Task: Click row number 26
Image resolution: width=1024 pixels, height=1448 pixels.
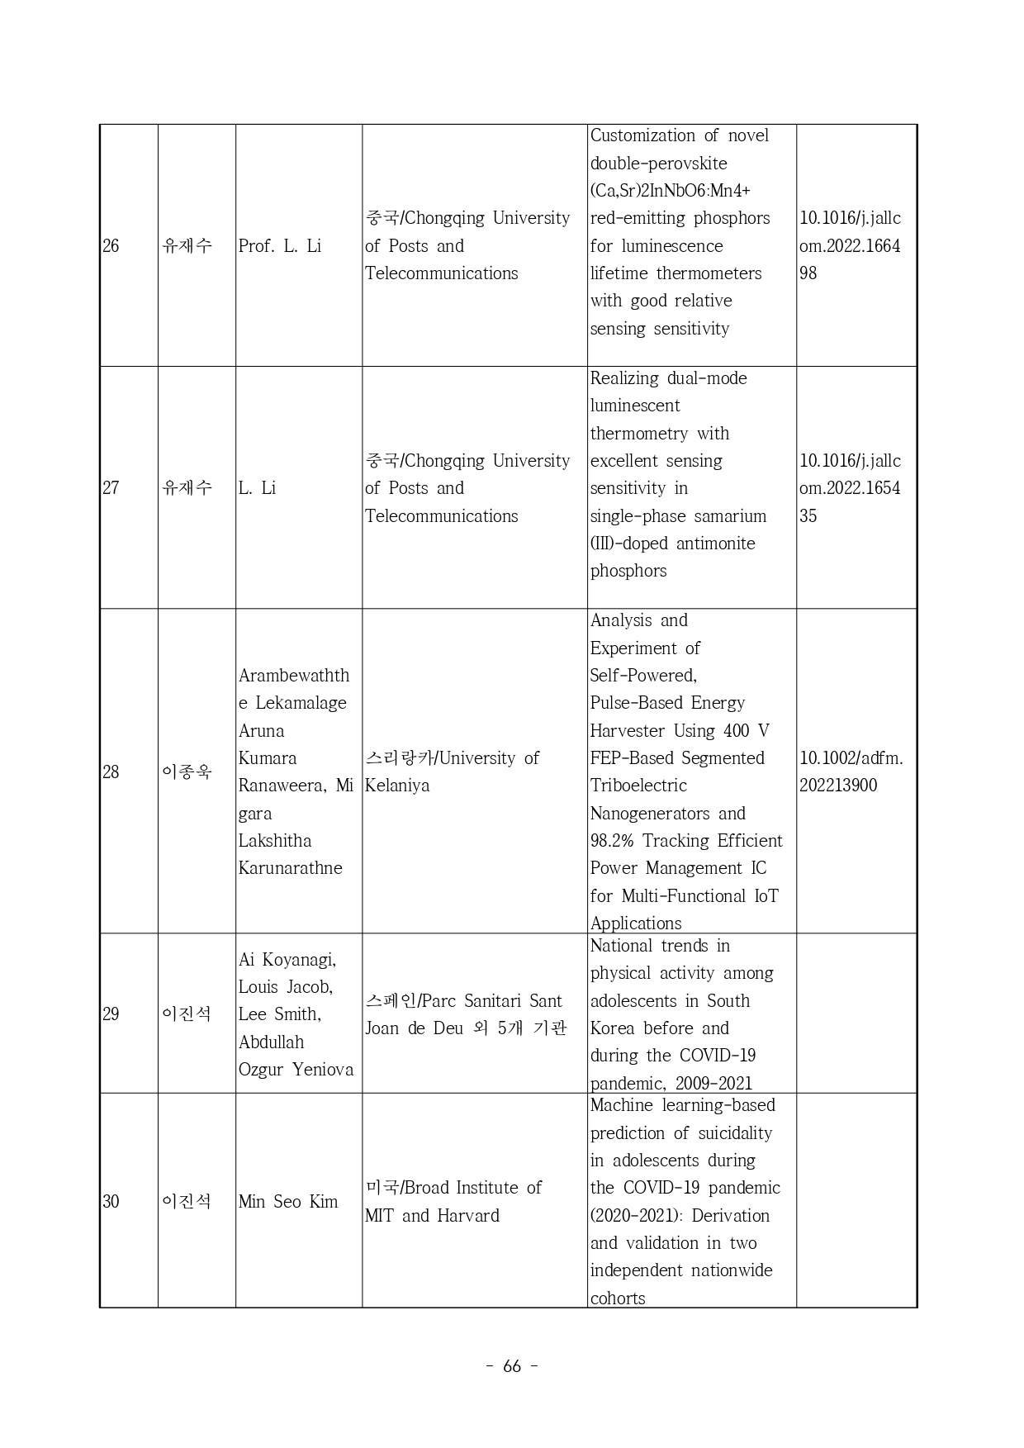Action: (111, 246)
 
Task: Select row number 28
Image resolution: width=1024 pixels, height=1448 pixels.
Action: (111, 772)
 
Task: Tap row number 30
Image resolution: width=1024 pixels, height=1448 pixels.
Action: (111, 1202)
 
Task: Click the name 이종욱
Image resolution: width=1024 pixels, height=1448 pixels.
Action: (187, 772)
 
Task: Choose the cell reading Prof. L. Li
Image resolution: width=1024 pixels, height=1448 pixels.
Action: (279, 246)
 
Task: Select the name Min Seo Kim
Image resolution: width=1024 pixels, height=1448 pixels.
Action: (288, 1202)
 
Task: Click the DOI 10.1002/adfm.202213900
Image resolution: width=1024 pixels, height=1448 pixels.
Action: (851, 771)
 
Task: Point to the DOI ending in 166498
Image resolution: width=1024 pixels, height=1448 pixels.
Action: (850, 246)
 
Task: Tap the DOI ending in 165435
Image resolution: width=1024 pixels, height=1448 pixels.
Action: (850, 488)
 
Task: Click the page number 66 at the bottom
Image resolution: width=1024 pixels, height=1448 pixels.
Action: (512, 1366)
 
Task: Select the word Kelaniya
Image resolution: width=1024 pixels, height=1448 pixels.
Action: (397, 786)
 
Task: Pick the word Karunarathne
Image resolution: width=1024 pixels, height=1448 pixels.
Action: (290, 868)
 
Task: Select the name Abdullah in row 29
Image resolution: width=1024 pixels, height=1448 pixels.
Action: (271, 1042)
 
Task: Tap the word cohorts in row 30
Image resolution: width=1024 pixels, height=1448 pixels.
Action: (618, 1298)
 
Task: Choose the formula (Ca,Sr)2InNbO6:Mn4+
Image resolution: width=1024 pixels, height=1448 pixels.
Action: (670, 191)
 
